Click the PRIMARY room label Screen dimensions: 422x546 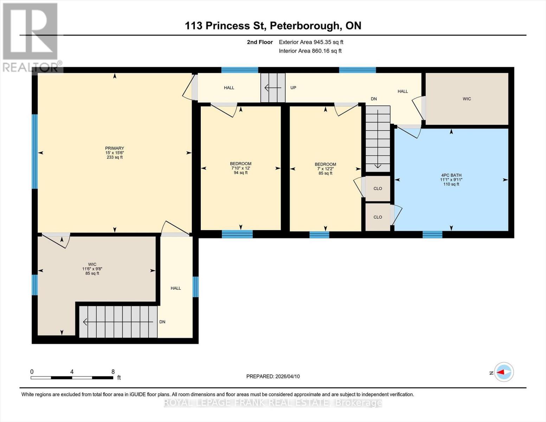114,148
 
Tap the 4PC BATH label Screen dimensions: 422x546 451,175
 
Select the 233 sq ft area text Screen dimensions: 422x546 114,158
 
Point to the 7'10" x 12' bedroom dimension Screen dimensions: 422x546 240,168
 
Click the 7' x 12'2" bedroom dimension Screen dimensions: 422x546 325,169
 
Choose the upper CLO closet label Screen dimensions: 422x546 378,188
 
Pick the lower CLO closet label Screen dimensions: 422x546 378,217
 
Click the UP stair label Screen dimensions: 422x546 293,88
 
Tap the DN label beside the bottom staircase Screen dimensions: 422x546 162,322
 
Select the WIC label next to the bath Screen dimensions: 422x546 467,99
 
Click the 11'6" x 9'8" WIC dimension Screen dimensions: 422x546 92,269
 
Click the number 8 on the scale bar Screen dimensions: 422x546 113,372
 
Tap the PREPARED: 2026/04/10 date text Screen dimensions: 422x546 273,376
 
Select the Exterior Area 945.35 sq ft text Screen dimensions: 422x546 311,42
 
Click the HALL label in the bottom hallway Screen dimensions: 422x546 176,288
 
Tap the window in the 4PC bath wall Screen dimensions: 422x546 432,235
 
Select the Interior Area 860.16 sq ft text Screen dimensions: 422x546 310,51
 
